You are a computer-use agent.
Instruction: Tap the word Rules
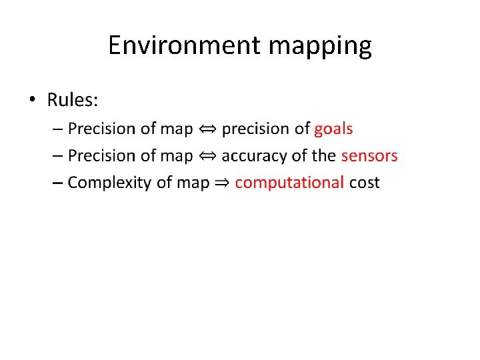(x=72, y=101)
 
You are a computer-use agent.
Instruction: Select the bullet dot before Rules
(x=33, y=101)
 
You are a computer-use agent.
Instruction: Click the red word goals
(x=333, y=129)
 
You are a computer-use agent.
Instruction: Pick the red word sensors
(x=369, y=156)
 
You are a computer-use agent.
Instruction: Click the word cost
(x=364, y=183)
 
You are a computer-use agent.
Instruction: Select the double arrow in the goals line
(x=207, y=129)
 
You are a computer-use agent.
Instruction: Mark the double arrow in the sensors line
(x=207, y=156)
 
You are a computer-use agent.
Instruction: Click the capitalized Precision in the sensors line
(x=99, y=156)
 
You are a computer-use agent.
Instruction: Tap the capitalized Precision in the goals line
(x=99, y=129)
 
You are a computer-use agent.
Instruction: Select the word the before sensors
(x=323, y=156)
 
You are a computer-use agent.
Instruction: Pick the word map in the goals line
(x=177, y=129)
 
